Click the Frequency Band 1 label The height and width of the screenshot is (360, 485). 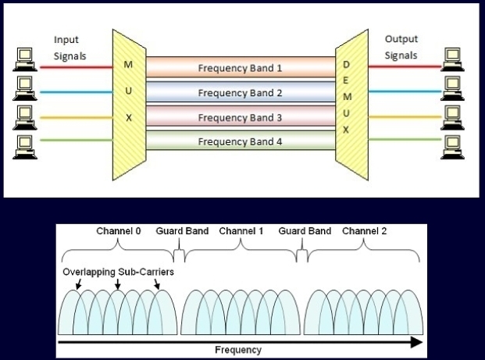240,68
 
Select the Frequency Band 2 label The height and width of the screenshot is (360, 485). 240,93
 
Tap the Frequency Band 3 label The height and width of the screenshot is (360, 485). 240,118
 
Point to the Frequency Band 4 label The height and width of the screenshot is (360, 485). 240,142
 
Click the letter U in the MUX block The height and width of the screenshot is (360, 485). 128,94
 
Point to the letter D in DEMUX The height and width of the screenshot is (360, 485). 346,64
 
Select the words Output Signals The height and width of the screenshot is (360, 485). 402,47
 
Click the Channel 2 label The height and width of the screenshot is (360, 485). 364,232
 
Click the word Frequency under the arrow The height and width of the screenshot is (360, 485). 238,351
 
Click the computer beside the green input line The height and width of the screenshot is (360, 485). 23,143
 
